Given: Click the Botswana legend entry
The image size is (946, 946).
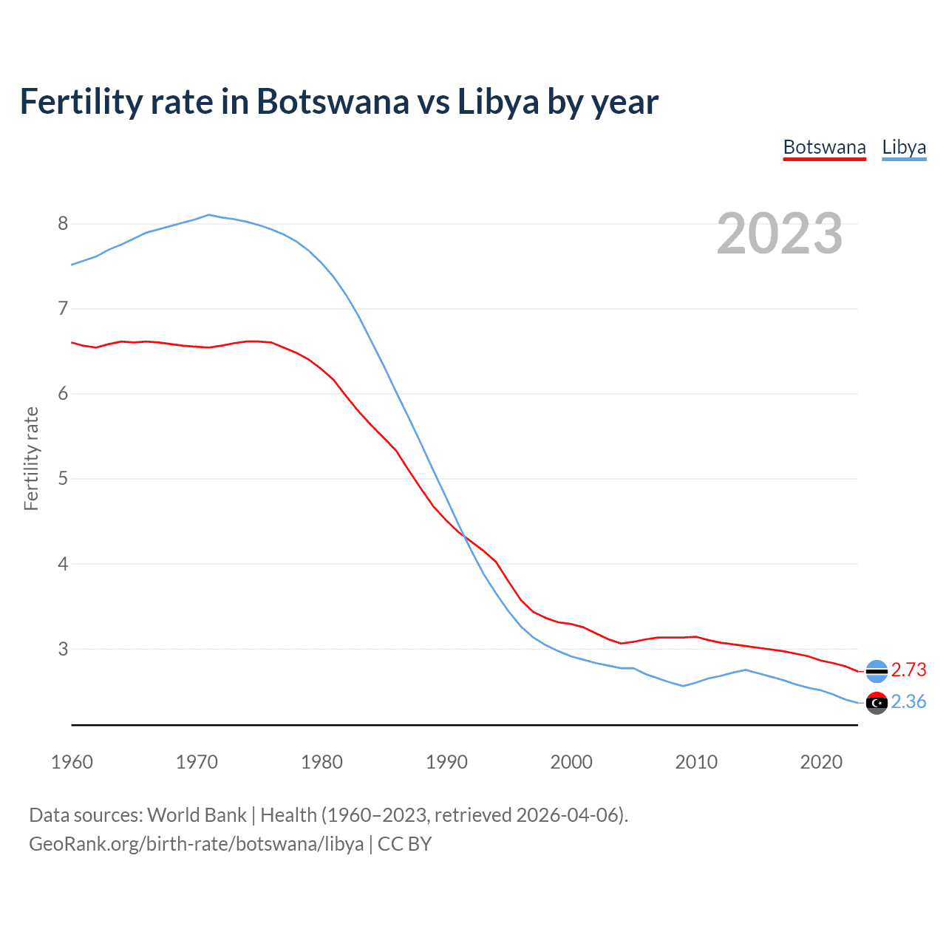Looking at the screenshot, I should click(x=824, y=147).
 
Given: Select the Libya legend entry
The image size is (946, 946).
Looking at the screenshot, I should click(x=904, y=147).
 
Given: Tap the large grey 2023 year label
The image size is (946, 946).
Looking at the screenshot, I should click(x=779, y=234).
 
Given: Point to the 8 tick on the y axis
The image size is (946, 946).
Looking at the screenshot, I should click(x=63, y=223).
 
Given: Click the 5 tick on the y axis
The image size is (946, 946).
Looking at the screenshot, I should click(x=63, y=478).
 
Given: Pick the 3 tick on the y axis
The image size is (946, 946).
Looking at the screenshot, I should click(x=63, y=649).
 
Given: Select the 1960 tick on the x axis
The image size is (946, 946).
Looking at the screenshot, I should click(x=72, y=762).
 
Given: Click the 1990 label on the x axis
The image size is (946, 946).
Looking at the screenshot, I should click(x=446, y=762).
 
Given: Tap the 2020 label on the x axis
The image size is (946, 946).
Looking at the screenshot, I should click(x=821, y=762).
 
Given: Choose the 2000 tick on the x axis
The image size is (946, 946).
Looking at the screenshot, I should click(x=571, y=762).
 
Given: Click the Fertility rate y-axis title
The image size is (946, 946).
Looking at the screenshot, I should click(x=31, y=458).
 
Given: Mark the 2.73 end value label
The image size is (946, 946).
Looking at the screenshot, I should click(x=908, y=670).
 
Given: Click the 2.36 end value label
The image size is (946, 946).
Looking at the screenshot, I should click(x=908, y=701).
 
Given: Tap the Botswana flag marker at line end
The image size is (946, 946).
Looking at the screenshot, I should click(x=877, y=671).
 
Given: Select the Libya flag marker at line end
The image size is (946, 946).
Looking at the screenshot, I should click(x=877, y=703).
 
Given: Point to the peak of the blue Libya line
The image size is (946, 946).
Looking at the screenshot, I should click(x=208, y=215).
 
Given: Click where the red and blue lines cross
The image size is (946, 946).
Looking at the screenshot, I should click(x=464, y=536).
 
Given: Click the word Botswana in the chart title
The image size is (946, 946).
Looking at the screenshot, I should click(x=332, y=101).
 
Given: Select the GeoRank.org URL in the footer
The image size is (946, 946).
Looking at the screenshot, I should click(x=196, y=844).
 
